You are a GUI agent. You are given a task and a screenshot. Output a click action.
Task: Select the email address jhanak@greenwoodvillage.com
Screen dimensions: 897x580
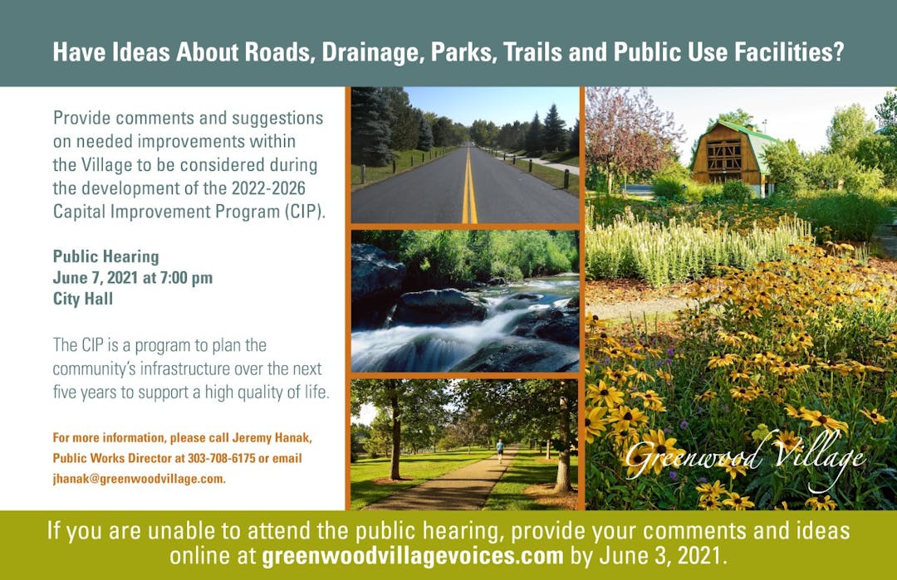(x=139, y=479)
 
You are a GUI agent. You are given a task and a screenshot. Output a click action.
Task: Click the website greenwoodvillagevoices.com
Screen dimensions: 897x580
(x=413, y=556)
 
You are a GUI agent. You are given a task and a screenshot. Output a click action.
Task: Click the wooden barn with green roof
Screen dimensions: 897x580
(x=732, y=156)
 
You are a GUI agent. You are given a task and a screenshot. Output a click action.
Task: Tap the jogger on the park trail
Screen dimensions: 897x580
(x=500, y=451)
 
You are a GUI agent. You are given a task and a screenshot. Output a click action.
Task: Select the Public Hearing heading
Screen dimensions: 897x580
(x=105, y=256)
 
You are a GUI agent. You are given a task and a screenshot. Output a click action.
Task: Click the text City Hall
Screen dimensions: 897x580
(x=83, y=298)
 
